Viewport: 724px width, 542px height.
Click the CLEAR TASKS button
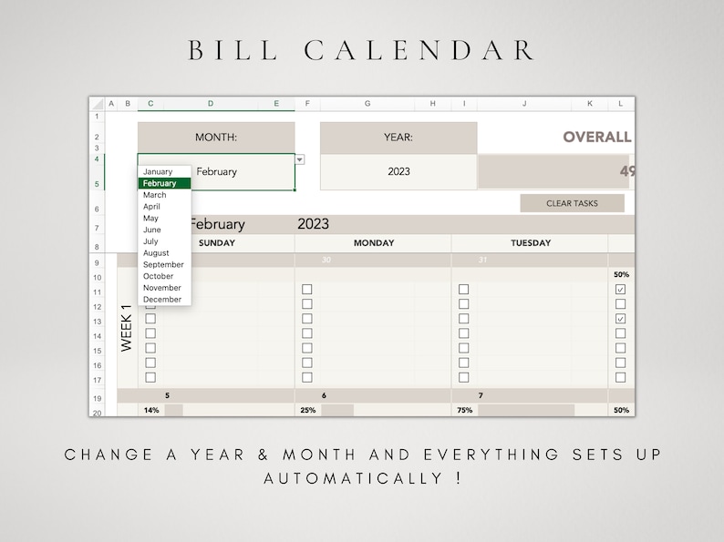click(572, 203)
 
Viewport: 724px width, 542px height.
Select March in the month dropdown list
click(155, 195)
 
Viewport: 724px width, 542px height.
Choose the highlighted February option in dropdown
click(164, 183)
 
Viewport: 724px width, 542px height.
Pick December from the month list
click(162, 299)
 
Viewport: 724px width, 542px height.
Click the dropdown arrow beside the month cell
click(300, 160)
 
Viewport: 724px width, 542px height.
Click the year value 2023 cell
click(398, 171)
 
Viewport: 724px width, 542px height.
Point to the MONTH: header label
click(216, 138)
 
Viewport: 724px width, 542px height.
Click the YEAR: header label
click(398, 138)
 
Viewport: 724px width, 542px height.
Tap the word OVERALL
click(596, 138)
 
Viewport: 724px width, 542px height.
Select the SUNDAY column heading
click(216, 243)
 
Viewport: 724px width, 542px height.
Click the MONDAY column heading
click(374, 243)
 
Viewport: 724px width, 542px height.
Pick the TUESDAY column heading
click(531, 243)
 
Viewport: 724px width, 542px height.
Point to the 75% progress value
click(464, 411)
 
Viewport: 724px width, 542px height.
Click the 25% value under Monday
click(308, 411)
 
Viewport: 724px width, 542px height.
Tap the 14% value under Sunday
click(150, 411)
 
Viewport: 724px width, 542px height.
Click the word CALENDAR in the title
click(419, 50)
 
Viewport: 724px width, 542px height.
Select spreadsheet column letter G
click(367, 104)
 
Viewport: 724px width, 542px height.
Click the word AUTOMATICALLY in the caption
click(347, 478)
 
